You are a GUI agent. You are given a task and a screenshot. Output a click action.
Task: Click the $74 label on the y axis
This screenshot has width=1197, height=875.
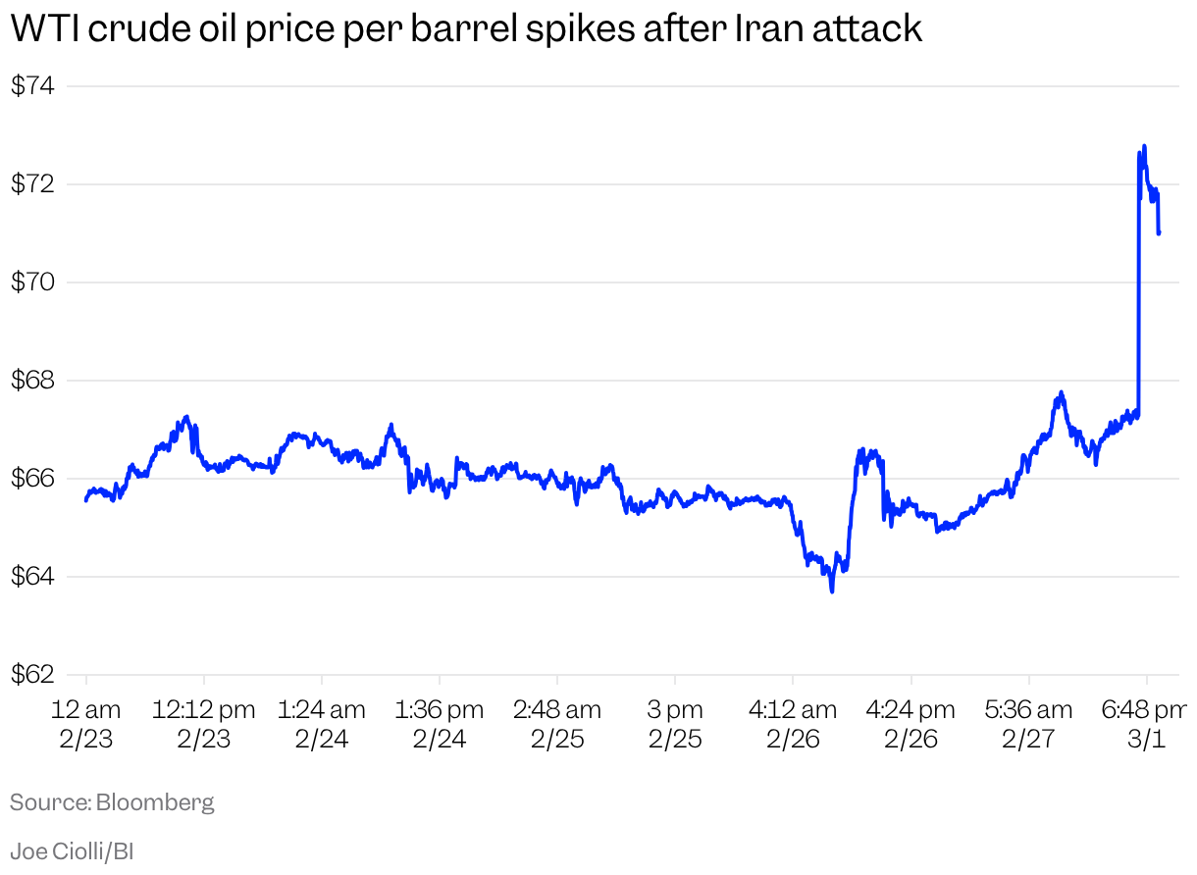31,86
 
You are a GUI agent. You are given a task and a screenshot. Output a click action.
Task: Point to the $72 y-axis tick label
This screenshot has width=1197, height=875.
31,184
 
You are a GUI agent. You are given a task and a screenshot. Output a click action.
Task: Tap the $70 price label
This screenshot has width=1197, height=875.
31,283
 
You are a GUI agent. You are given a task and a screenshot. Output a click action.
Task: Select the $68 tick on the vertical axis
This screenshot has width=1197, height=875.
31,381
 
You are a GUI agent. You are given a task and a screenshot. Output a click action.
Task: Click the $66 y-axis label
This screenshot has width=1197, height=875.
31,479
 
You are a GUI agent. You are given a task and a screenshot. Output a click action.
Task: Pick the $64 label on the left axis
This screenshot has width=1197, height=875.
31,577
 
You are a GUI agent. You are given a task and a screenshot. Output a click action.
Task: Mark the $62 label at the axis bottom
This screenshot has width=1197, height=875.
31,675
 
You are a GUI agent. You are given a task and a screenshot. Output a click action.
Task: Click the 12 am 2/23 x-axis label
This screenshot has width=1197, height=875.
86,724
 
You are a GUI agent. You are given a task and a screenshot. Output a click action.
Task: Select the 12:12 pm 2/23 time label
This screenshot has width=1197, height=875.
203,724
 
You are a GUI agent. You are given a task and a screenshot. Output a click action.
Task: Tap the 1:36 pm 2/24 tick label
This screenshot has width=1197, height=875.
440,724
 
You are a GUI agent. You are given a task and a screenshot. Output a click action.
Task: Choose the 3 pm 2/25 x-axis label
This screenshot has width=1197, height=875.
675,724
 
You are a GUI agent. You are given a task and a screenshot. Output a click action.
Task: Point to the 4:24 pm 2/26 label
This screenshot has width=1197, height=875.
911,724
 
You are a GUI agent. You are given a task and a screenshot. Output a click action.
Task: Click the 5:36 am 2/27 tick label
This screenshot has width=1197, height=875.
1028,724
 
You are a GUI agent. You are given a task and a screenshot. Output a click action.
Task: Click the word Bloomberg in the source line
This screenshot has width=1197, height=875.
155,802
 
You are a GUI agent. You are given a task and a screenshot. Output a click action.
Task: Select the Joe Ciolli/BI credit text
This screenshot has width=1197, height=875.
72,850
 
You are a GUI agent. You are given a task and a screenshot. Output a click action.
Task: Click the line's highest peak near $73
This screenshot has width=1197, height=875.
1144,146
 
